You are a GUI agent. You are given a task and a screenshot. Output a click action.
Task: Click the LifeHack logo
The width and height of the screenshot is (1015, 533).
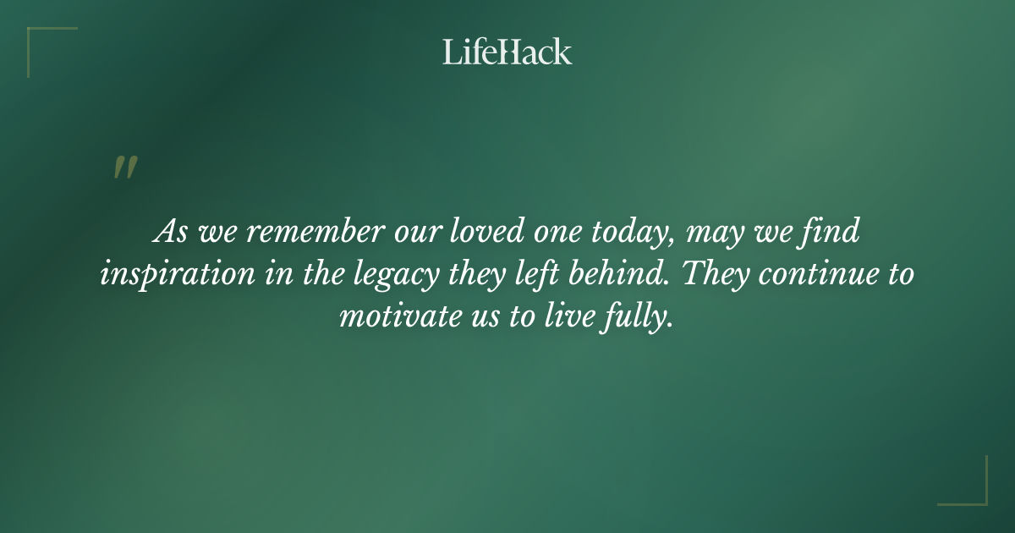tap(507, 52)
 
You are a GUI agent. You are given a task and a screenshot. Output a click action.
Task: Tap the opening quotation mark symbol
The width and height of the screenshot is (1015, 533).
tap(125, 168)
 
